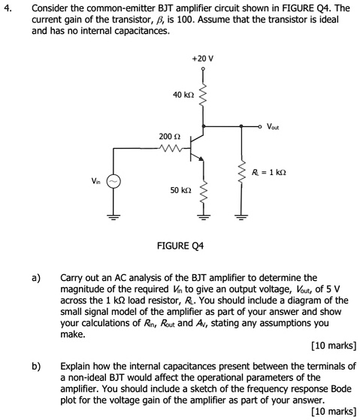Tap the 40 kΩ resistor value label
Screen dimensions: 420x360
click(183, 95)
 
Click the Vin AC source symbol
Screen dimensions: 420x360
click(114, 181)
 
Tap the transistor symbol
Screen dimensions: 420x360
click(197, 145)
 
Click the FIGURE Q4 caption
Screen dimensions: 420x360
click(180, 246)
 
